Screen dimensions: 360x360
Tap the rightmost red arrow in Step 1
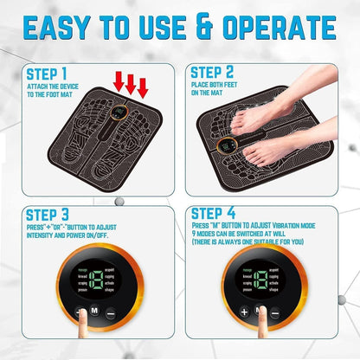pos(143,87)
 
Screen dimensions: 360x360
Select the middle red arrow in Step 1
pos(131,85)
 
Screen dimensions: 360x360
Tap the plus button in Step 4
pos(244,312)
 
